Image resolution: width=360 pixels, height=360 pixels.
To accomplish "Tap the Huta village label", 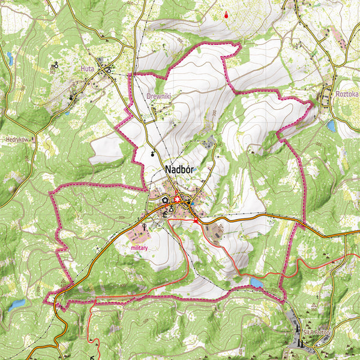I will point(88,69).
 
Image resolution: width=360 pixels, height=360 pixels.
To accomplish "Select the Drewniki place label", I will point(159,95).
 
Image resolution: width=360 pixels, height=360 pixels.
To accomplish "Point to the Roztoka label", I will point(347,94).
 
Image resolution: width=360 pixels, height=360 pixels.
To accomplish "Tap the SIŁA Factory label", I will point(316,332).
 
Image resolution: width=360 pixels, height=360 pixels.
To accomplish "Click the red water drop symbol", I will point(226,15).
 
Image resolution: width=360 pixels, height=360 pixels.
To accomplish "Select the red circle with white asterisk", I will point(177,200).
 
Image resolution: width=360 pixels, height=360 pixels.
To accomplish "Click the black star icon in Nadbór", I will point(165,192).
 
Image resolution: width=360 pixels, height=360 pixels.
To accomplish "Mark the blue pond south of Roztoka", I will point(331,125).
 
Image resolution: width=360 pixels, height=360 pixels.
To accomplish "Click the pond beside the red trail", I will point(256,282).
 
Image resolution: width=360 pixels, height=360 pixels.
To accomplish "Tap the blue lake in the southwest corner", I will point(16,304).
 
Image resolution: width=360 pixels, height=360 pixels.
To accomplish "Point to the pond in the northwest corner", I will point(10,58).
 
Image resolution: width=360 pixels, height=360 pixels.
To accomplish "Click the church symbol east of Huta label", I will point(109,69).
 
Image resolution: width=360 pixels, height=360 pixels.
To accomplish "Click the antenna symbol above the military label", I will point(146,227).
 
